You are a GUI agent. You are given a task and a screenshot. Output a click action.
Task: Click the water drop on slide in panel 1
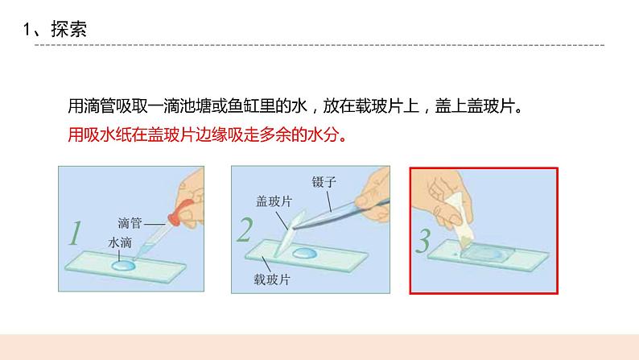124,264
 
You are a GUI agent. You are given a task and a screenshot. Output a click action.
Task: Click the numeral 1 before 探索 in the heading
27,30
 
